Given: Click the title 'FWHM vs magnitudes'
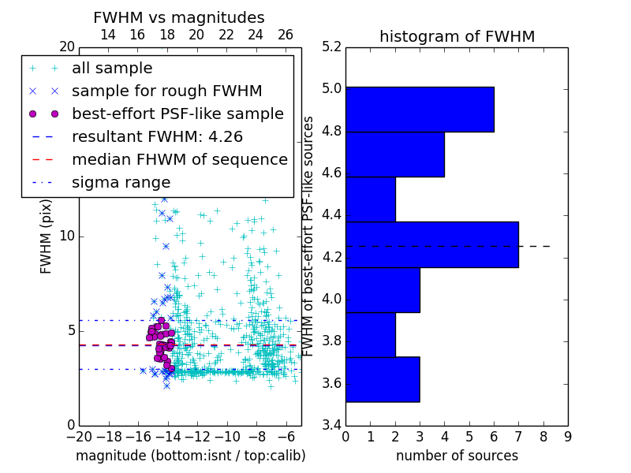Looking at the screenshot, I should [178, 18].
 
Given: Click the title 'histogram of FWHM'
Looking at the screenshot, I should [457, 37].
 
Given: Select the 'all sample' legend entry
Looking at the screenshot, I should [112, 69].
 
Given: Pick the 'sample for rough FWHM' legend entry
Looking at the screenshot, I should [166, 91].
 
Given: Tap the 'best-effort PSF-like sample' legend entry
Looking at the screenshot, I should [177, 114].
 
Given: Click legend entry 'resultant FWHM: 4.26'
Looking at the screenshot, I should [157, 136].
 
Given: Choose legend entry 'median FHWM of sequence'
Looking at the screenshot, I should [179, 159].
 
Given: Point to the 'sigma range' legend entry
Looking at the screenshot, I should [121, 182].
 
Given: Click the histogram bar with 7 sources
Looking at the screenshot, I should [431, 244].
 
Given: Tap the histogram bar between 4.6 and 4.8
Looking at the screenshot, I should [395, 155].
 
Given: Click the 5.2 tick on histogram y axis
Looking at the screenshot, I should [332, 47].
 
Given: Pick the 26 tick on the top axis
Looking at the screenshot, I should [286, 35].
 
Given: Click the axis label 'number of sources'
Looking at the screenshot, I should [457, 456].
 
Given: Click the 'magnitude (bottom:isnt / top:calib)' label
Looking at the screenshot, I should [190, 456].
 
